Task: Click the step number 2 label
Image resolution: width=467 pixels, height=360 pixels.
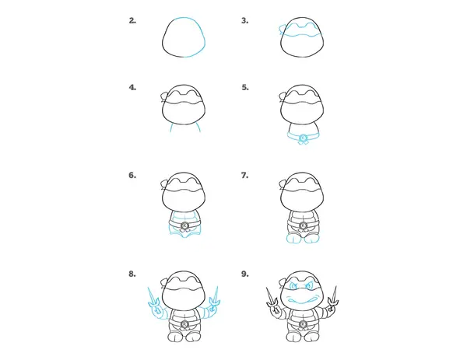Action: coord(132,20)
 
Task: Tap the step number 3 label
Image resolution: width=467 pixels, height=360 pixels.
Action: coord(245,20)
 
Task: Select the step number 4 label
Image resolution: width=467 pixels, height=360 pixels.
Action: coord(132,87)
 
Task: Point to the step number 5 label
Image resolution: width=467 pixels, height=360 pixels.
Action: coord(245,87)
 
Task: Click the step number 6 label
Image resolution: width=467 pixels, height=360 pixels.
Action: coord(132,175)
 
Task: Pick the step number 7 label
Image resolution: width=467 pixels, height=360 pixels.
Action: coord(245,175)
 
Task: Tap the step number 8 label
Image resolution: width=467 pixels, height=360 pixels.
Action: coord(132,274)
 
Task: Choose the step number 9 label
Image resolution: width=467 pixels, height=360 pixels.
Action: coord(245,274)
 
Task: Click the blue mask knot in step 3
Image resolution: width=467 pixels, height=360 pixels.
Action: coord(283,30)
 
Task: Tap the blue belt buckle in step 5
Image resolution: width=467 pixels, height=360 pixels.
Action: coord(304,138)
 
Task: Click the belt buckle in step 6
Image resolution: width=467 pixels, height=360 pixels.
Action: coord(184,225)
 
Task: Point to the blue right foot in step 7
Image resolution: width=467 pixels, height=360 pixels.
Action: coord(312,238)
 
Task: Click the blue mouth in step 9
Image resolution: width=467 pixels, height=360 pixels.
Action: coord(302,299)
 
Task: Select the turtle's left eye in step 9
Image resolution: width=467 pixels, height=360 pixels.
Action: coord(294,285)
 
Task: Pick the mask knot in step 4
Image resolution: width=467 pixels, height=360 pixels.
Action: coord(165,96)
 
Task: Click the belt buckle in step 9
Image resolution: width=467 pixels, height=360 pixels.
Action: coord(304,324)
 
